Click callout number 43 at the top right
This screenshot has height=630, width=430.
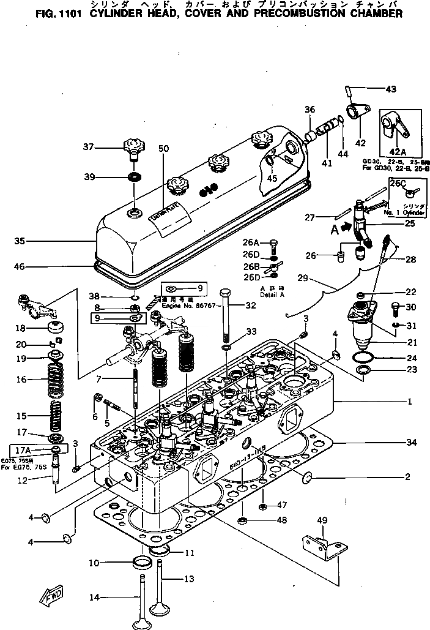point(390,89)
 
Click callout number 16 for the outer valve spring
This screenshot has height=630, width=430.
point(21,380)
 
